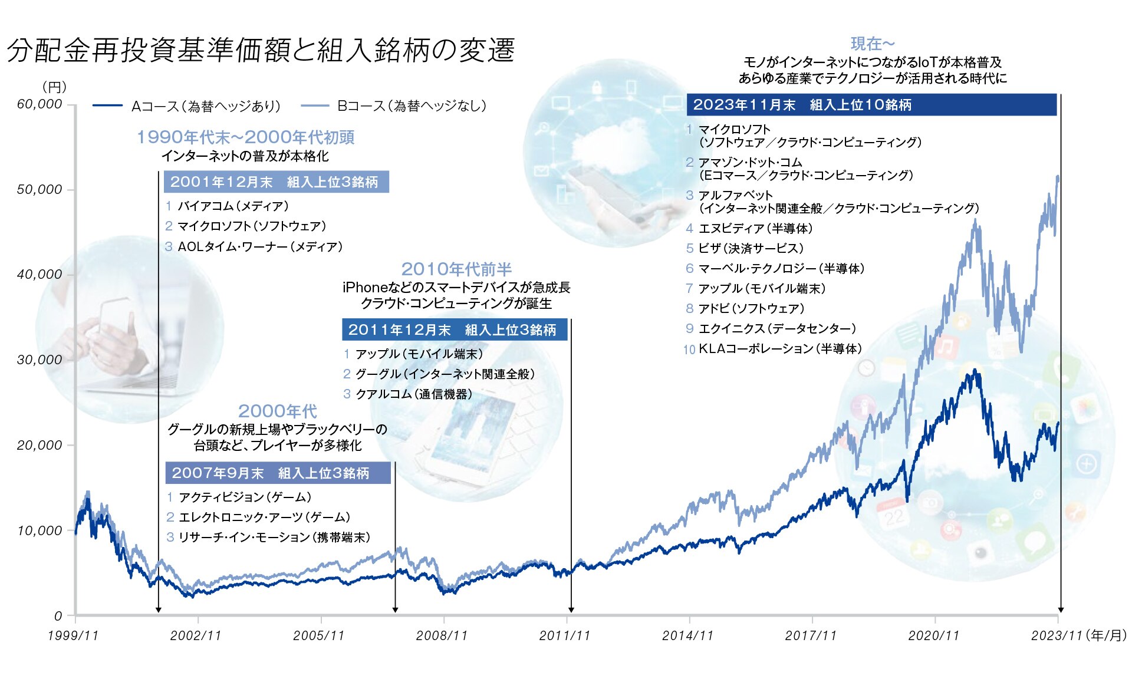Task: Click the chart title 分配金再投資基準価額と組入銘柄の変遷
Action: (x=261, y=50)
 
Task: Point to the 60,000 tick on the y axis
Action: (x=40, y=104)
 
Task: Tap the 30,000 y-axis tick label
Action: (x=40, y=360)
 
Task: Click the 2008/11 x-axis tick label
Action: (x=442, y=635)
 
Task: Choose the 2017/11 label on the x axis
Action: (x=811, y=635)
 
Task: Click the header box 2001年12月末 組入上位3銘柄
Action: (x=276, y=182)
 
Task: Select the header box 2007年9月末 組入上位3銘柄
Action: (x=278, y=473)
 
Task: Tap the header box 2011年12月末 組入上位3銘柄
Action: (x=454, y=329)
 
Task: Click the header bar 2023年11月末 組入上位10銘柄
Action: (x=871, y=105)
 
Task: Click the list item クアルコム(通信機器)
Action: (x=413, y=394)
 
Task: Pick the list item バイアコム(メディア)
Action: (x=233, y=206)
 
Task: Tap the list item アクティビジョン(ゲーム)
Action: (x=245, y=497)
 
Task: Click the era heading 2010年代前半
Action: (x=456, y=269)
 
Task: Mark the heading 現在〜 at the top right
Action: (x=873, y=44)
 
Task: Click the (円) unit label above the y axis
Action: (x=54, y=87)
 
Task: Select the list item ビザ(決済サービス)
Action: (x=751, y=248)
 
